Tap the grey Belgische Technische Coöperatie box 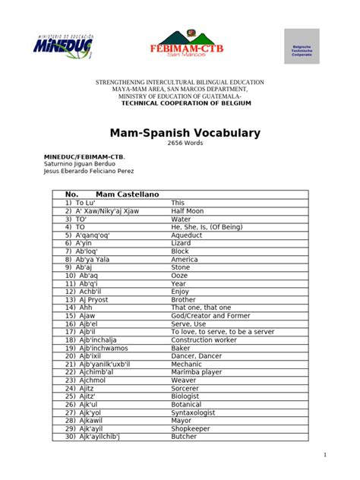(302, 46)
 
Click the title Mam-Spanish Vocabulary (180, 133)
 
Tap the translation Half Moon (187, 210)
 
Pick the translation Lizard (182, 243)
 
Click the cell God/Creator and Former (210, 315)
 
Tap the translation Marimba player (197, 372)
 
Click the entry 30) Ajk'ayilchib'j (93, 437)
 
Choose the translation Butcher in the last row (185, 437)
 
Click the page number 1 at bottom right (325, 454)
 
